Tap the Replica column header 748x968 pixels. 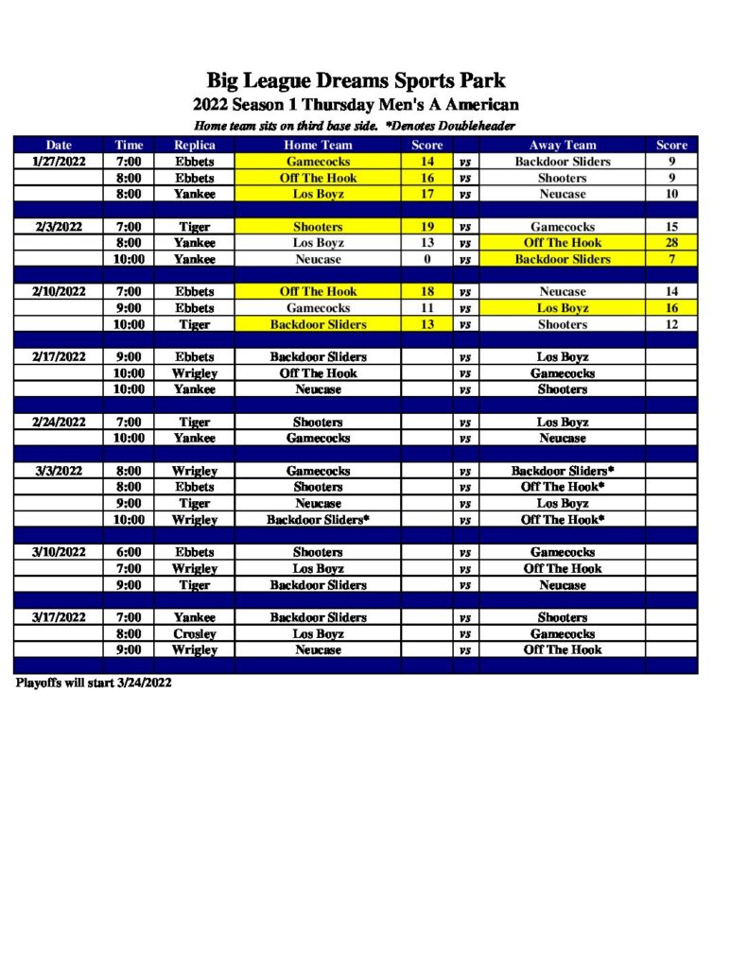pos(194,145)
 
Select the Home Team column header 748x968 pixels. pos(318,145)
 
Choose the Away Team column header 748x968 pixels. pos(563,145)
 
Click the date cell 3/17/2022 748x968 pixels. pos(60,617)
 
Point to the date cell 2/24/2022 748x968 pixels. pos(60,422)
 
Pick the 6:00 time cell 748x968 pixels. pos(129,552)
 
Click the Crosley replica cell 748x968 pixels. pos(194,633)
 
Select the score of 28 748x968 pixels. pos(671,243)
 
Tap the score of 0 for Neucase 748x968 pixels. pos(426,259)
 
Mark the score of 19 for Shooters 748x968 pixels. pos(426,227)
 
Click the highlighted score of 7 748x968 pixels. pos(671,259)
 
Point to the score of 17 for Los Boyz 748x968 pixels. pos(426,194)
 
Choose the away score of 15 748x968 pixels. pos(671,227)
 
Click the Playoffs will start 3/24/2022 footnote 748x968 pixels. pos(93,683)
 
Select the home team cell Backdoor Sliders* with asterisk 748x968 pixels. pos(318,520)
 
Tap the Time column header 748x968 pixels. pos(129,145)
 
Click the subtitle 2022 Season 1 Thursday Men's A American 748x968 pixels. pos(356,104)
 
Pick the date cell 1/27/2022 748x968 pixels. pos(60,162)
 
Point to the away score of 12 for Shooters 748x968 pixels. pos(671,324)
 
